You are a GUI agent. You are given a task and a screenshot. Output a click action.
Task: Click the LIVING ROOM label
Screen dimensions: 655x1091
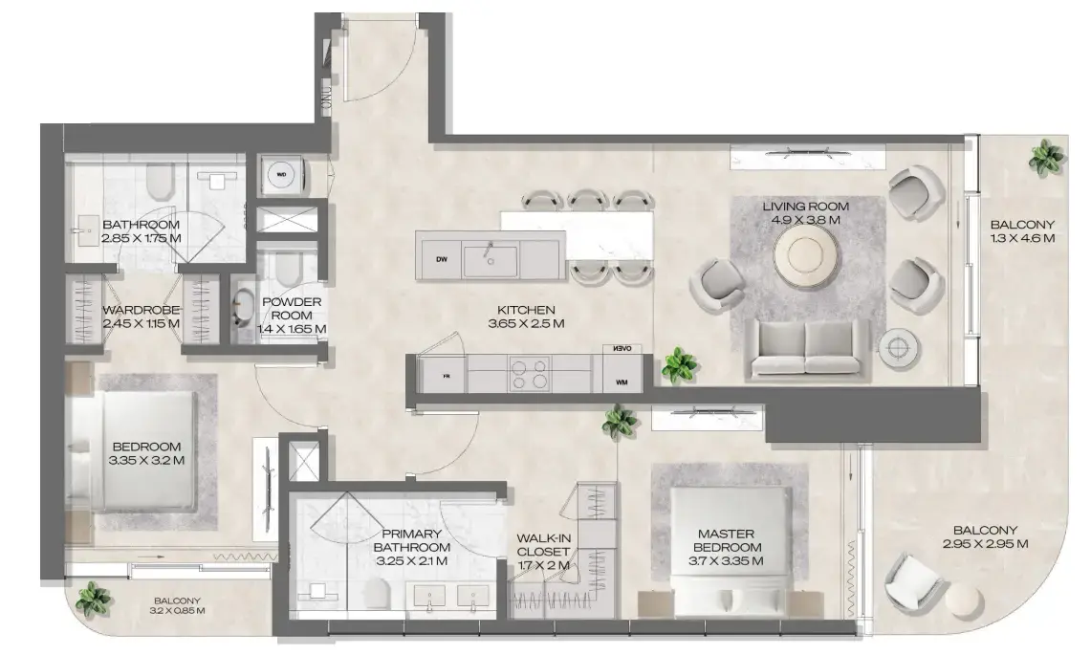click(804, 207)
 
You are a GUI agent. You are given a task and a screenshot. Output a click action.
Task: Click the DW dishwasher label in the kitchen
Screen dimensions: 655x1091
click(442, 259)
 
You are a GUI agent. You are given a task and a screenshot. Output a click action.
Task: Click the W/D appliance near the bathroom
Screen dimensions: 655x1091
click(282, 175)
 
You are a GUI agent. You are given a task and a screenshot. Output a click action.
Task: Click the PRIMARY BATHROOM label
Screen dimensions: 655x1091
click(411, 541)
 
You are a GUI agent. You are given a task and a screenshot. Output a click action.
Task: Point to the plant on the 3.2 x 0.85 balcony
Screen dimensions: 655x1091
click(93, 599)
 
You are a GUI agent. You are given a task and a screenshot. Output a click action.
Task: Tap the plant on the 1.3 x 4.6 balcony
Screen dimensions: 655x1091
click(1046, 158)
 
